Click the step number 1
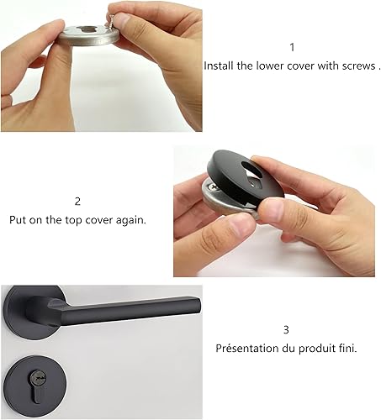click(292, 47)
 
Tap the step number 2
click(77, 202)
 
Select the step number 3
click(286, 329)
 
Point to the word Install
click(219, 66)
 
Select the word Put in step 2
click(18, 220)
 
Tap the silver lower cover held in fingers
click(88, 35)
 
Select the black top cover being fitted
click(245, 179)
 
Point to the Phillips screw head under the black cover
click(214, 187)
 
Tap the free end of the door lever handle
click(198, 305)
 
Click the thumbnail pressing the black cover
click(272, 207)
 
